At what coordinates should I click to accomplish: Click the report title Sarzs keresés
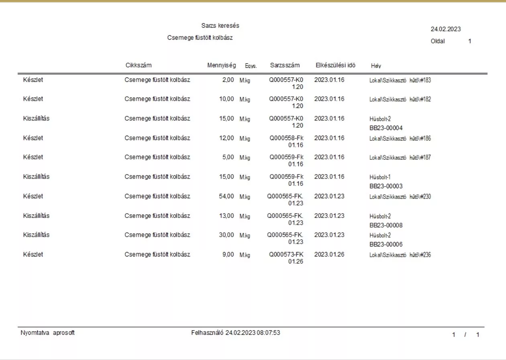220,26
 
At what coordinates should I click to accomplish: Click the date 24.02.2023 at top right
446,29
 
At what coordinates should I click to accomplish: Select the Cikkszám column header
139,65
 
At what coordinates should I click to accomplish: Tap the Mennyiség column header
221,65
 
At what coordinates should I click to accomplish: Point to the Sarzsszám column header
285,65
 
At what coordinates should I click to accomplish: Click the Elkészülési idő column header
335,65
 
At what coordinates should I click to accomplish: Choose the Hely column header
376,66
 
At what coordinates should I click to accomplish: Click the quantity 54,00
226,196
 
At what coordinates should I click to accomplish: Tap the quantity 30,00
226,235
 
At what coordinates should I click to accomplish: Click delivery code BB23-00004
386,128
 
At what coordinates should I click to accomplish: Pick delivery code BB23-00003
386,186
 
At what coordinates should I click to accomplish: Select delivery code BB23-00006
386,244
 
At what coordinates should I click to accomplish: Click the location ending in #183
400,80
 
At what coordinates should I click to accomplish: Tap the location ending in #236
400,255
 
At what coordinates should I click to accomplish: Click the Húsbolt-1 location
380,177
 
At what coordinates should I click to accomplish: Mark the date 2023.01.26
329,254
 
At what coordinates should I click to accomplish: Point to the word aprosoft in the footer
64,333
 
